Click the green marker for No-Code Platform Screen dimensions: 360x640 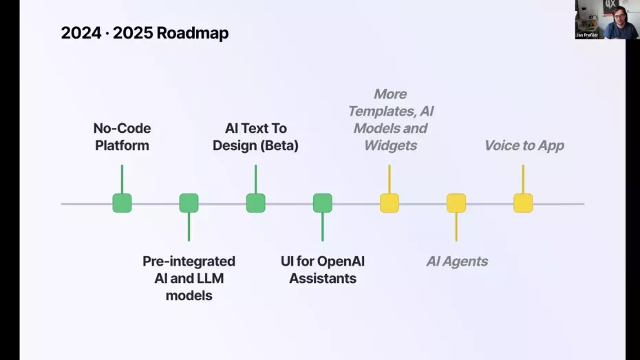(122, 203)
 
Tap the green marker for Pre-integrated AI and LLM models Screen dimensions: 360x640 (189, 203)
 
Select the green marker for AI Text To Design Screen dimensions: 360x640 (255, 203)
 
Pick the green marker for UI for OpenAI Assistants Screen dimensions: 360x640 (322, 203)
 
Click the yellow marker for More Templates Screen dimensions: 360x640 (390, 203)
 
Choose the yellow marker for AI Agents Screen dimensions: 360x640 (456, 203)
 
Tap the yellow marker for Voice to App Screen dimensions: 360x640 (523, 203)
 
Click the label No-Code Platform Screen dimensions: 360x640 (122, 137)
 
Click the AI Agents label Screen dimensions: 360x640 (457, 262)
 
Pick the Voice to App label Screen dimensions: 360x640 (524, 145)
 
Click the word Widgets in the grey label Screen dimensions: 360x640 (390, 145)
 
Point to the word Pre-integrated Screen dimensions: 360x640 (189, 262)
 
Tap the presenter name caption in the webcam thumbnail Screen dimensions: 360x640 (587, 34)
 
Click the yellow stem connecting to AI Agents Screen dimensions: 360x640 (456, 226)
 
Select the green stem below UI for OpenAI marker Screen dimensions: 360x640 (322, 226)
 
